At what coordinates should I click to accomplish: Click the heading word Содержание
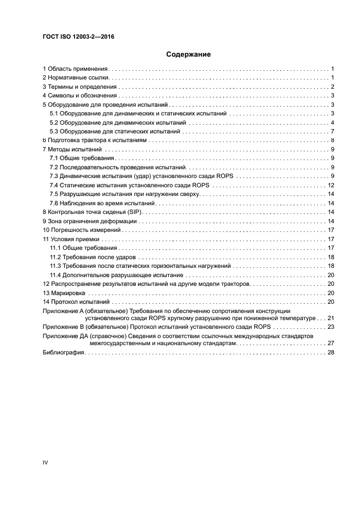(x=188, y=54)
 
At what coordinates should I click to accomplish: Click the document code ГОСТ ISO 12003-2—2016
(x=78, y=37)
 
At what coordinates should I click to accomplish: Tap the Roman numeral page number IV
(x=45, y=462)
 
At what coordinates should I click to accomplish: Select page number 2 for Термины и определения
(x=332, y=87)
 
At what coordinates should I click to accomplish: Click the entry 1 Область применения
(x=76, y=69)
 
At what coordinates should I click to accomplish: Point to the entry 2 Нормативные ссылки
(x=76, y=78)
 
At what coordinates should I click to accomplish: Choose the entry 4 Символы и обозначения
(x=79, y=96)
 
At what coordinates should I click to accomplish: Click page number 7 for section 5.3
(x=332, y=131)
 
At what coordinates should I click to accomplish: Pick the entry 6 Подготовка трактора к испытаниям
(x=95, y=140)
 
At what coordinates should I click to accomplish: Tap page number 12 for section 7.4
(x=330, y=185)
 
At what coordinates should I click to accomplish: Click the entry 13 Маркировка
(x=63, y=292)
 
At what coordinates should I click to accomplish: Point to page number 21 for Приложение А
(x=330, y=317)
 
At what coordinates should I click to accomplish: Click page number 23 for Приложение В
(x=330, y=327)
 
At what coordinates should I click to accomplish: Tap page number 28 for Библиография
(x=330, y=353)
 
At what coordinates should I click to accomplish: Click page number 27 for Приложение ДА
(x=330, y=344)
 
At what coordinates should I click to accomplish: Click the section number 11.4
(x=54, y=274)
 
